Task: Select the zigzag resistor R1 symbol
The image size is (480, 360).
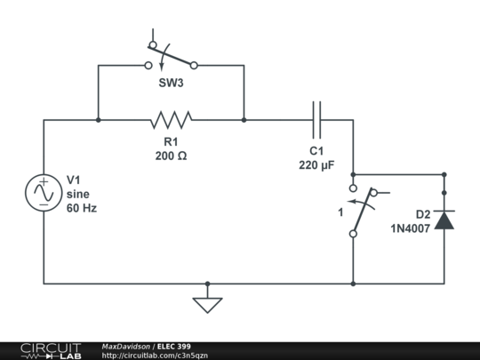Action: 171,119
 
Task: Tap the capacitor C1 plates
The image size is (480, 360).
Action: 316,119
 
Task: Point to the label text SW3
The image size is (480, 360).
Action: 172,87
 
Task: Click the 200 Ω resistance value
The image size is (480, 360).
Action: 171,155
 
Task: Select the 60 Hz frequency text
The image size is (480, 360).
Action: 81,208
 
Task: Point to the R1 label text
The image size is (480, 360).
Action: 171,141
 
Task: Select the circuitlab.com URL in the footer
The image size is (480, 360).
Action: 155,356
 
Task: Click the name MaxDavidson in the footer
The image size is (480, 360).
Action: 126,346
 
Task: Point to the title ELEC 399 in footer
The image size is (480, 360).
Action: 174,346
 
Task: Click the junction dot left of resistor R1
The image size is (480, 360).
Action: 98,119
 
